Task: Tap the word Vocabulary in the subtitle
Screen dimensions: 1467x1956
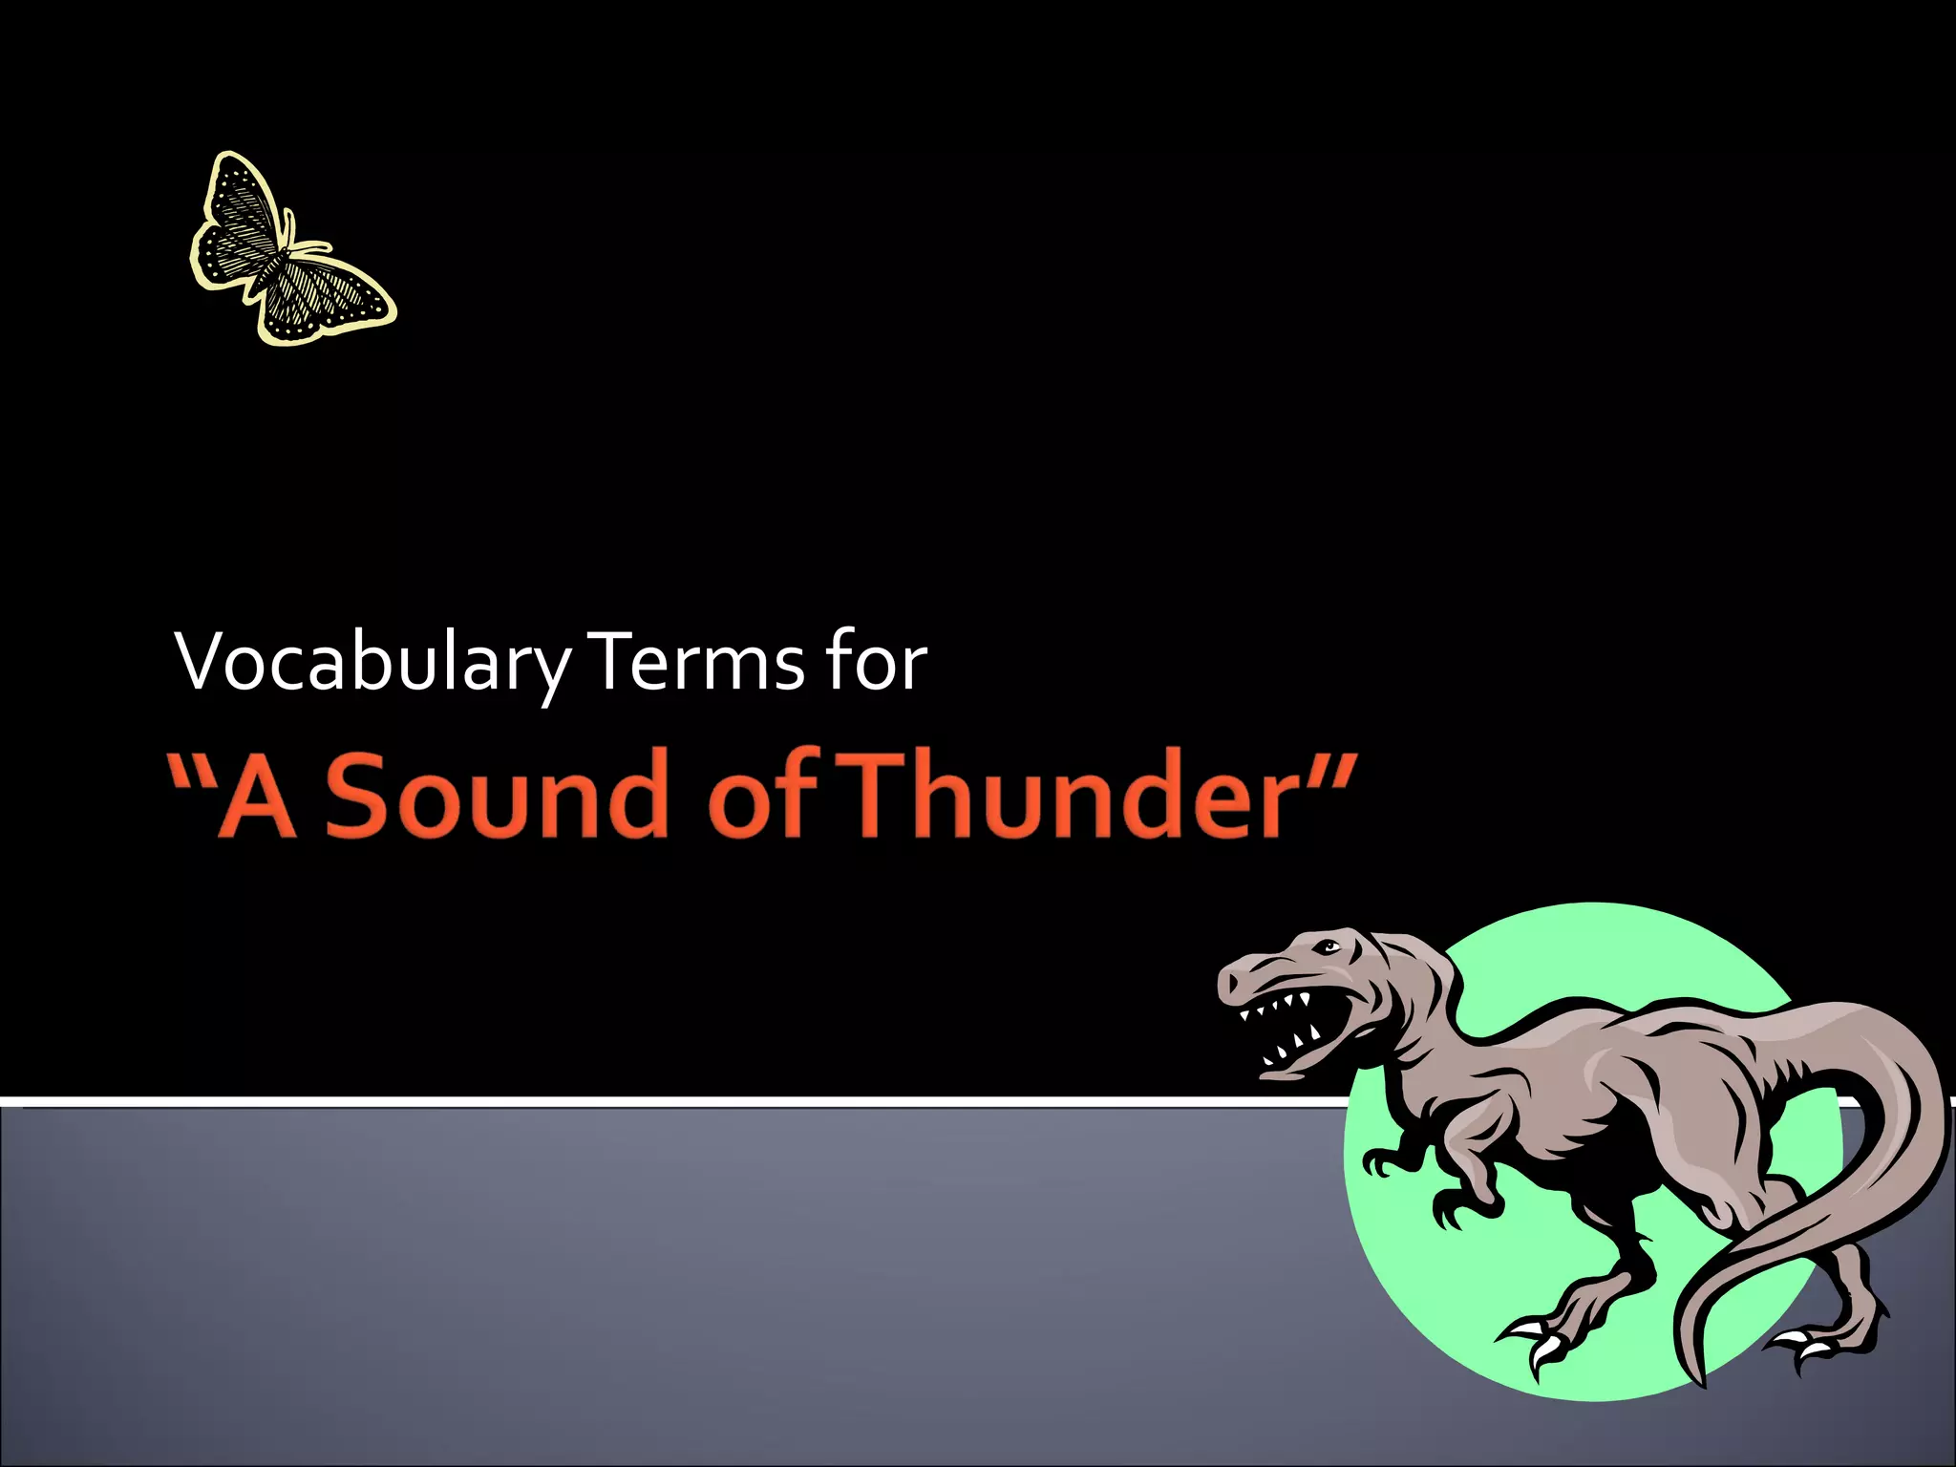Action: coord(372,664)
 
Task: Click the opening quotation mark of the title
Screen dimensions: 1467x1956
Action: coord(191,769)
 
